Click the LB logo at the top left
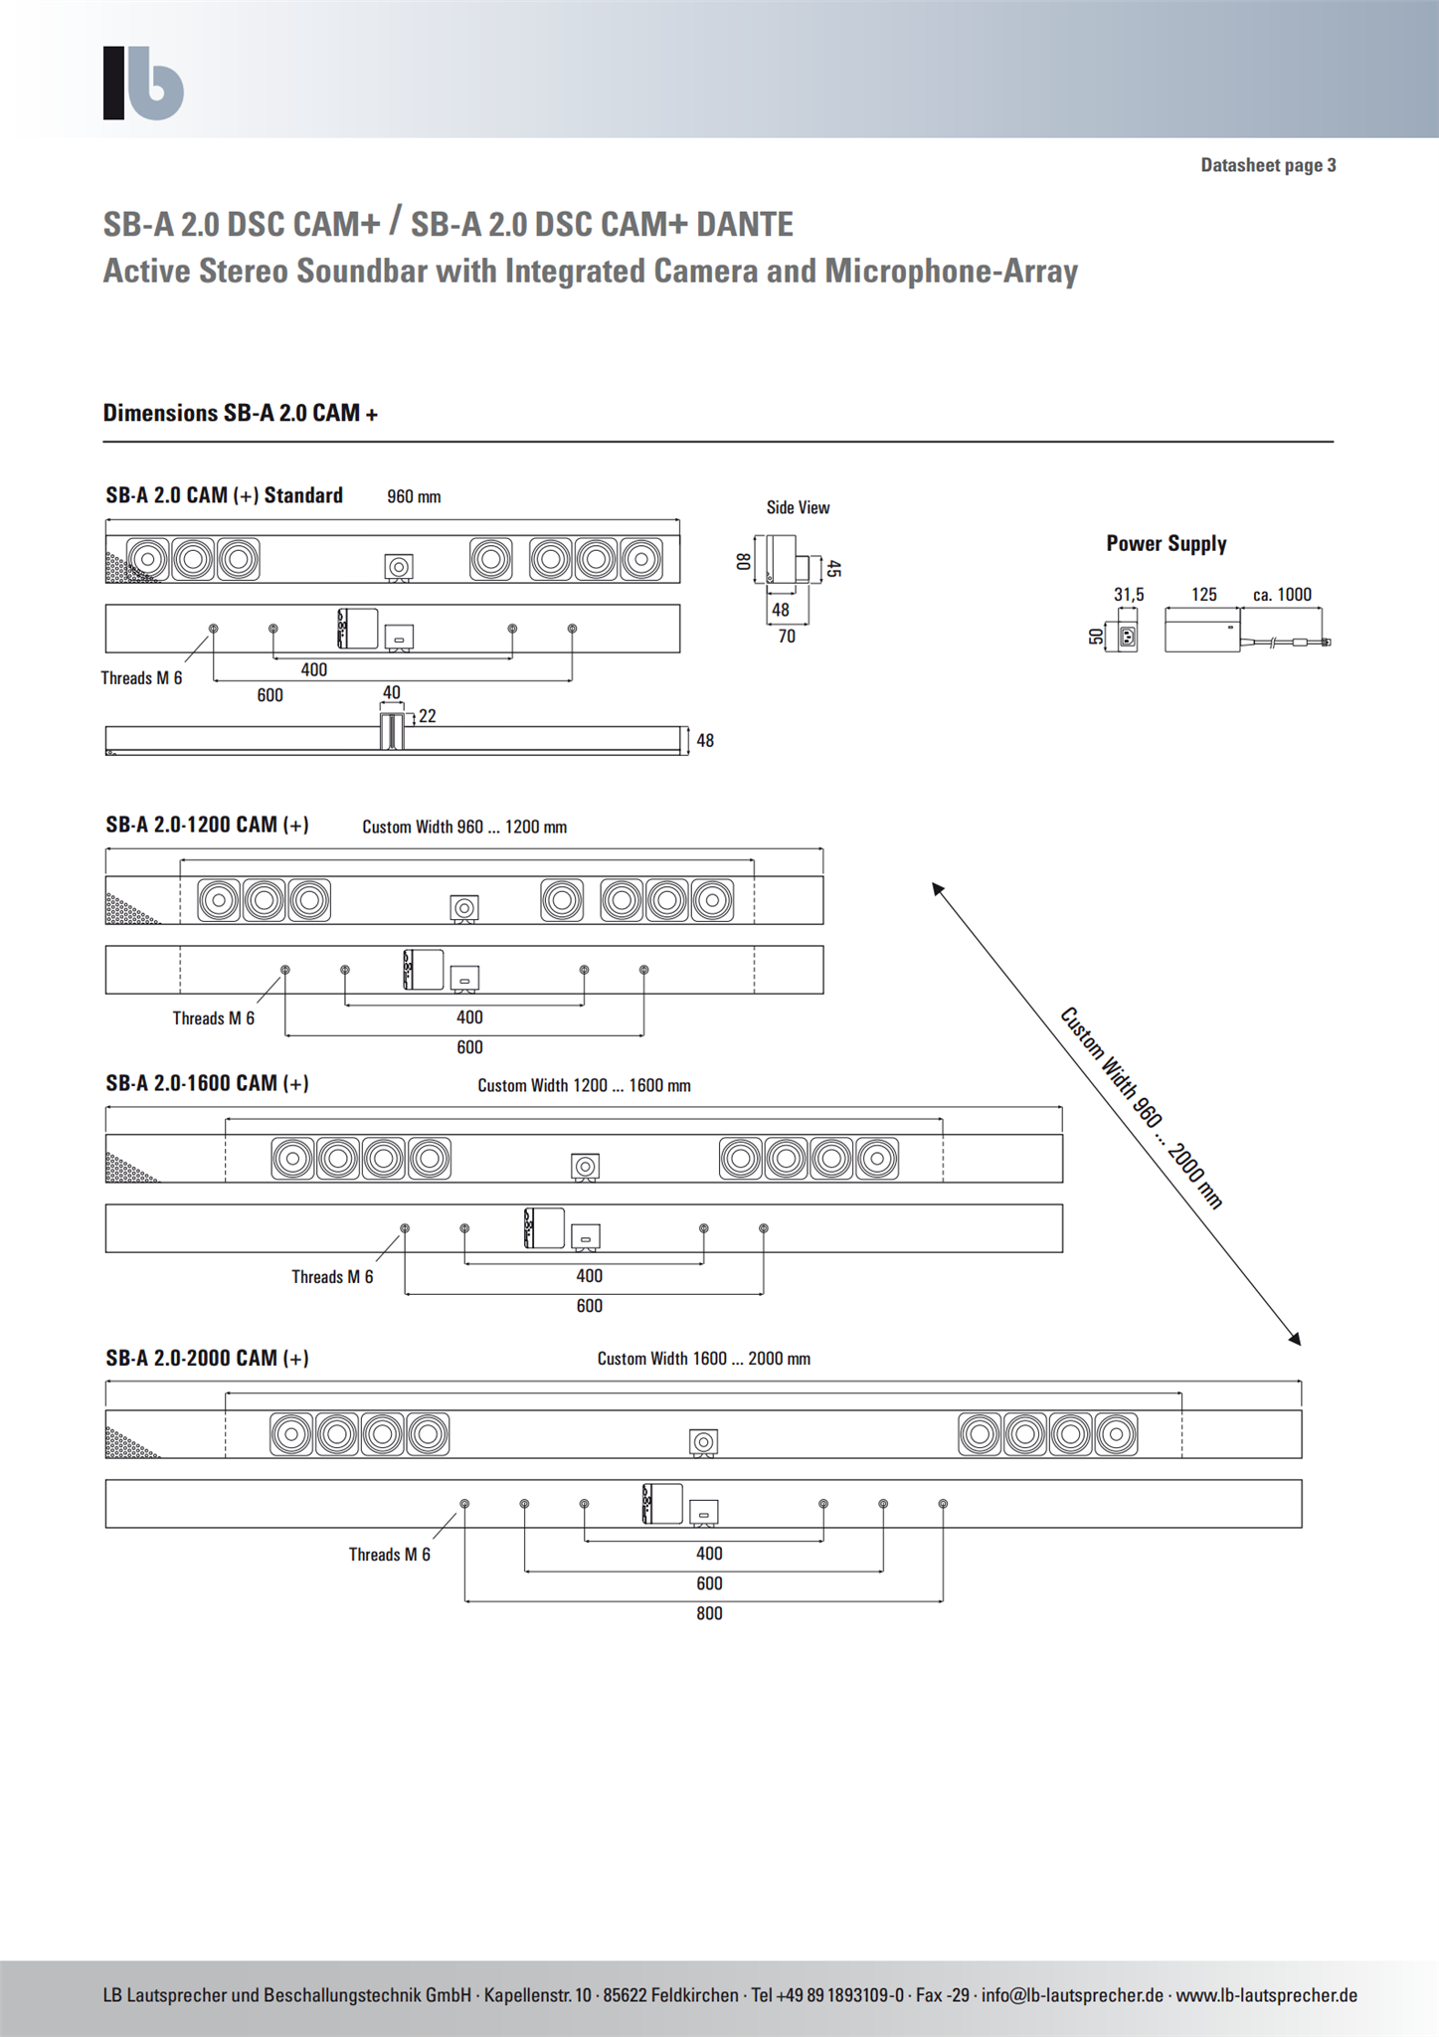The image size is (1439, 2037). coord(143,83)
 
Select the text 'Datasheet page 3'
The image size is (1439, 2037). coord(1268,165)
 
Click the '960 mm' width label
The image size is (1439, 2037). coord(414,496)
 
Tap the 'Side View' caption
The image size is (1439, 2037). coord(798,507)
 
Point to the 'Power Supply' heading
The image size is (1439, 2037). coord(1167,543)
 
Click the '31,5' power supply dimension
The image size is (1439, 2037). coord(1129,595)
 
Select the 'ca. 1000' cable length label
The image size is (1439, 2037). coord(1282,595)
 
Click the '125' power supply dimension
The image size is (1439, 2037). coord(1204,595)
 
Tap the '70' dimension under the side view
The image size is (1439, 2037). coord(787,637)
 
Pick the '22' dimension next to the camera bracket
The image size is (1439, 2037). coord(428,716)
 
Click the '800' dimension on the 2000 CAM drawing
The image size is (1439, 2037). coord(709,1613)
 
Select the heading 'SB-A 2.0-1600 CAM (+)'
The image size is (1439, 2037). coord(207,1083)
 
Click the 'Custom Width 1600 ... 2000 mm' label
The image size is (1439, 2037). coord(704,1359)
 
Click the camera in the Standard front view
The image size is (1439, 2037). coord(399,567)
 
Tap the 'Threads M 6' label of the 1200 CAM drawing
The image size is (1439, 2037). coord(214,1018)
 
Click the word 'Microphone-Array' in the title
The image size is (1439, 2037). coord(952,272)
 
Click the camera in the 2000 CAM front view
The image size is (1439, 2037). coord(704,1442)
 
